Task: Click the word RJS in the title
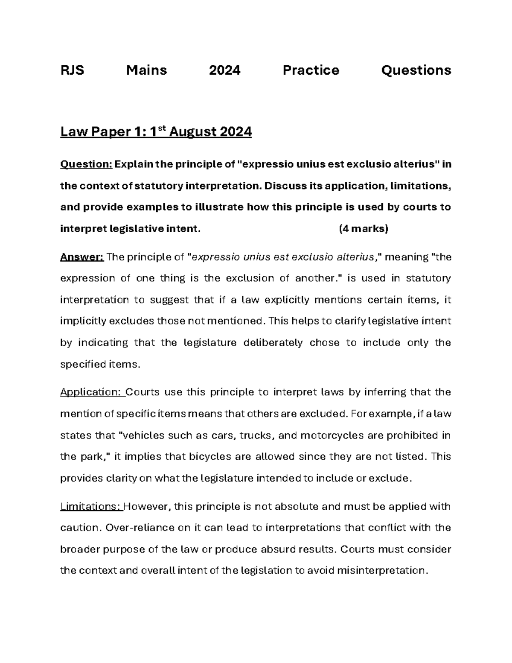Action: [72, 70]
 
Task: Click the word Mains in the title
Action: [146, 70]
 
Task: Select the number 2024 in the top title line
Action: [224, 70]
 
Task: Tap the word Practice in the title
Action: [311, 70]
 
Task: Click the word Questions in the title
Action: [416, 70]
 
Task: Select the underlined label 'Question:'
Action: [86, 164]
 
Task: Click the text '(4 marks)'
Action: [363, 229]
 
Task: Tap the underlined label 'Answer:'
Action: [81, 257]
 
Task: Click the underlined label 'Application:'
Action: [92, 392]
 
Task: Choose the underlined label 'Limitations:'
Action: [91, 506]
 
